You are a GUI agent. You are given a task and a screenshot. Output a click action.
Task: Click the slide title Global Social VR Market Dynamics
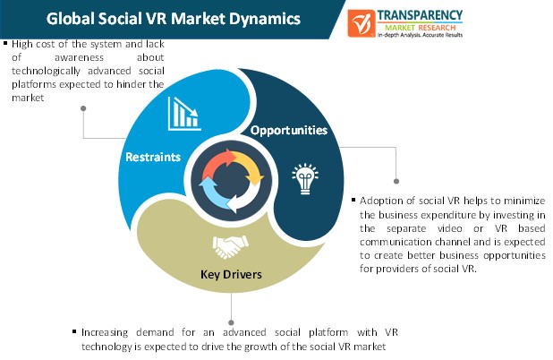tap(174, 19)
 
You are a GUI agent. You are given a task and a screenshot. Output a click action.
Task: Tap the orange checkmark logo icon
tap(361, 23)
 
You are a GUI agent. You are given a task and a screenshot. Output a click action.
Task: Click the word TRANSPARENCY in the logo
tap(420, 15)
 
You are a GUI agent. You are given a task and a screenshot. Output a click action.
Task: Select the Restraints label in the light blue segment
tap(153, 157)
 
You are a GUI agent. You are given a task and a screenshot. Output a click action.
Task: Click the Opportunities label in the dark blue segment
tap(289, 131)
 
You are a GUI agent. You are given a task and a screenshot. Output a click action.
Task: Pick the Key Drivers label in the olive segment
tap(231, 274)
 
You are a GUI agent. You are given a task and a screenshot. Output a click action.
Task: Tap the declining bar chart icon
tap(184, 114)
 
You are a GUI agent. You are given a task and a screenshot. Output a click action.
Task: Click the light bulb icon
tap(305, 178)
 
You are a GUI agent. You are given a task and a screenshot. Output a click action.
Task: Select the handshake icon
tap(231, 246)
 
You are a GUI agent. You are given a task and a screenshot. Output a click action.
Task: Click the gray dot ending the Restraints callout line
tap(83, 108)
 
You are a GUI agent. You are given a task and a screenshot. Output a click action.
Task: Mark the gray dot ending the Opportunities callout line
tap(396, 181)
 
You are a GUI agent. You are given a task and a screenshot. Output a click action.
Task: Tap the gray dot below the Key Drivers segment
tap(231, 322)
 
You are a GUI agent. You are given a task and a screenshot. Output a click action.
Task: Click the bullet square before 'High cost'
tap(5, 43)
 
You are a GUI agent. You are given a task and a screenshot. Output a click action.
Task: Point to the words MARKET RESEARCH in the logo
tap(420, 28)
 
